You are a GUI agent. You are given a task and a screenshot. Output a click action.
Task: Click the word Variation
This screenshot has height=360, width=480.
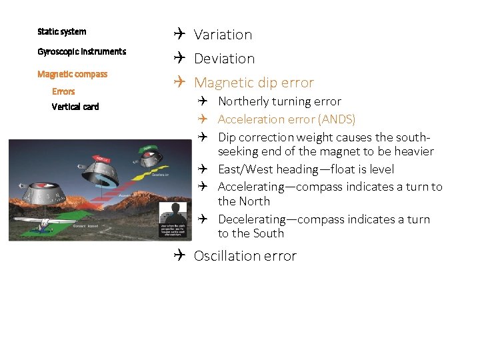[223, 35]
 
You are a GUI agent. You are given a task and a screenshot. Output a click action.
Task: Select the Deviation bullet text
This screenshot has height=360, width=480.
[224, 59]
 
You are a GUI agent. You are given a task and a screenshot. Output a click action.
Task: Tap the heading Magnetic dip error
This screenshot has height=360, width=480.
[253, 83]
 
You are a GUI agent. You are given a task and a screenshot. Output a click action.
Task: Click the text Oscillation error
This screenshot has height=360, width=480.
[245, 256]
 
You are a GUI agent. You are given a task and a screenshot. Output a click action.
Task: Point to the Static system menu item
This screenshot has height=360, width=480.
[62, 31]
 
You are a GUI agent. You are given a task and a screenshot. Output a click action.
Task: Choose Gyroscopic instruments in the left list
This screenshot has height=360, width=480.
[81, 51]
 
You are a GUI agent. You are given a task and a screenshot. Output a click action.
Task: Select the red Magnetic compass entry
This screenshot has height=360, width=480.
[72, 74]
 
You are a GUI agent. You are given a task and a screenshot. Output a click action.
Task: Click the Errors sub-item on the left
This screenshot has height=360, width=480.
[63, 91]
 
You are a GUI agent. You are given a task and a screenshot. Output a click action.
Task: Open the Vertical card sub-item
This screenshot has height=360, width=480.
[75, 107]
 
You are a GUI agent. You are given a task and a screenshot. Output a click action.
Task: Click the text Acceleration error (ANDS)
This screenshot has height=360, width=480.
[286, 119]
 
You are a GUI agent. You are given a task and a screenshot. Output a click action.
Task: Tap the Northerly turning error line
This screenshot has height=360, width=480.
[279, 101]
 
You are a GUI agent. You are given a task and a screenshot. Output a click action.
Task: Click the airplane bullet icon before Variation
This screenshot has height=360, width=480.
[179, 34]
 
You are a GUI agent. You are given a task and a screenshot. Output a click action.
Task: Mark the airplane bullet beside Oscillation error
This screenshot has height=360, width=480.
[179, 255]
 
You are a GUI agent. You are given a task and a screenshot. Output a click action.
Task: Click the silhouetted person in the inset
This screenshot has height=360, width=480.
[176, 215]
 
